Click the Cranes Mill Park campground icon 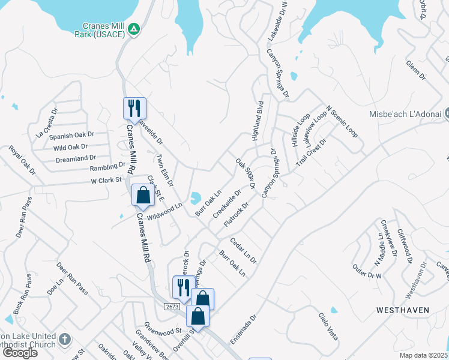(x=134, y=28)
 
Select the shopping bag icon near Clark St (x=143, y=195)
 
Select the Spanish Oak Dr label (x=71, y=136)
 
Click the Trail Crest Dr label (x=310, y=153)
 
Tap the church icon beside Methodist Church (x=65, y=340)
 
